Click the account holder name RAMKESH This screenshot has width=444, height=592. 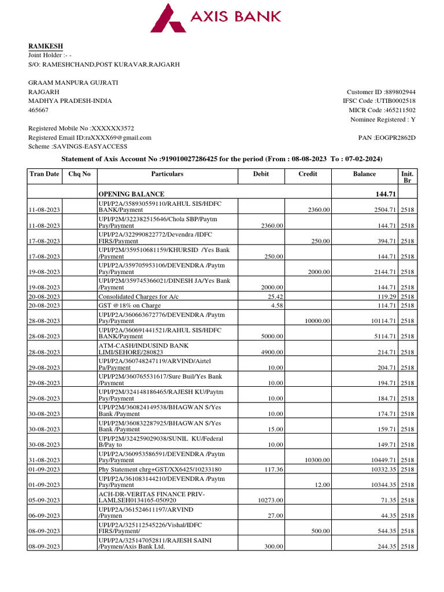click(46, 46)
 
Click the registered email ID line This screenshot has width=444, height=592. click(90, 138)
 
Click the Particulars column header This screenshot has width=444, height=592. click(167, 174)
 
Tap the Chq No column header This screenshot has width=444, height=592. click(79, 174)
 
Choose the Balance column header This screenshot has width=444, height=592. click(364, 174)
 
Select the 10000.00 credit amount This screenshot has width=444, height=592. click(318, 321)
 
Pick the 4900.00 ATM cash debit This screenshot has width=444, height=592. click(271, 352)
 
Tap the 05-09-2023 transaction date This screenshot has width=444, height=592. click(45, 500)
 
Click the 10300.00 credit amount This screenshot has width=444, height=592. click(318, 460)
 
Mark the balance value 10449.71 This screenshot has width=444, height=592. click(382, 460)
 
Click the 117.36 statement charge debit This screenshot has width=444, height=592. click(273, 469)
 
